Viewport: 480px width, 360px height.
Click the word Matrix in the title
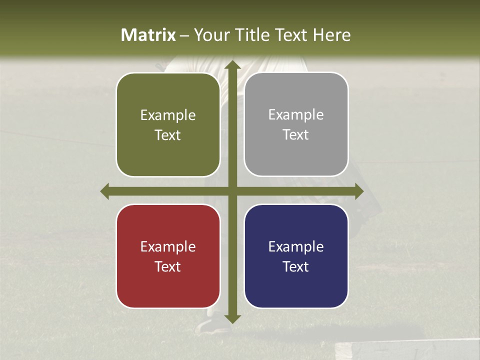coord(148,35)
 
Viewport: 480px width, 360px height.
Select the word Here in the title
coord(331,35)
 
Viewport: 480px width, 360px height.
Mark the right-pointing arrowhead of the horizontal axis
coord(358,191)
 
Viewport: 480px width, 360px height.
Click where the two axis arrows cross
coord(232,191)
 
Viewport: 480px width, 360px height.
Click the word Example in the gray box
coord(296,114)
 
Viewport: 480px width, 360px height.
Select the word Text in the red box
coord(167,266)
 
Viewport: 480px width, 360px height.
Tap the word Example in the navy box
coord(296,246)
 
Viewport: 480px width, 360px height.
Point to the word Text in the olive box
coord(167,135)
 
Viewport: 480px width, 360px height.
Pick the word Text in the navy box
coord(295,266)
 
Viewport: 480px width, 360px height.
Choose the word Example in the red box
coord(168,246)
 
